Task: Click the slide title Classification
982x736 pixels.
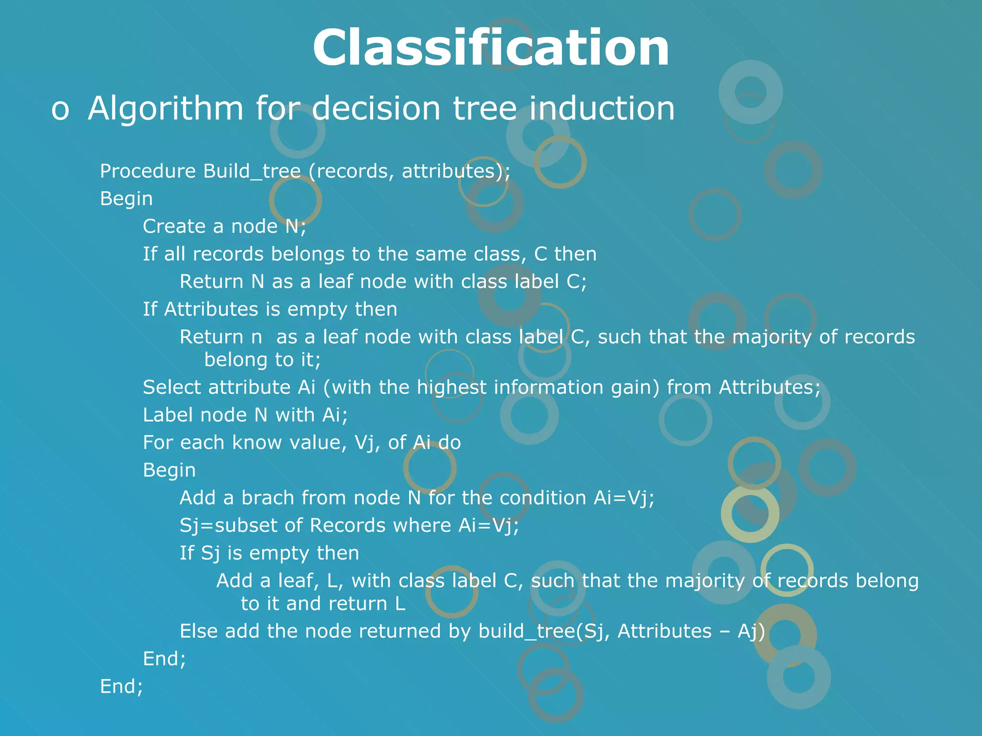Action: coord(491,48)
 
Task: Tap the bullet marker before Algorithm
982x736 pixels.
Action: coord(60,109)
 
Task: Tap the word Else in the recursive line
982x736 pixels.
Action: coord(198,631)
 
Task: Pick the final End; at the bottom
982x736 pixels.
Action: coord(121,687)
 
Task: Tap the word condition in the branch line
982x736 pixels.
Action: coord(542,498)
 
